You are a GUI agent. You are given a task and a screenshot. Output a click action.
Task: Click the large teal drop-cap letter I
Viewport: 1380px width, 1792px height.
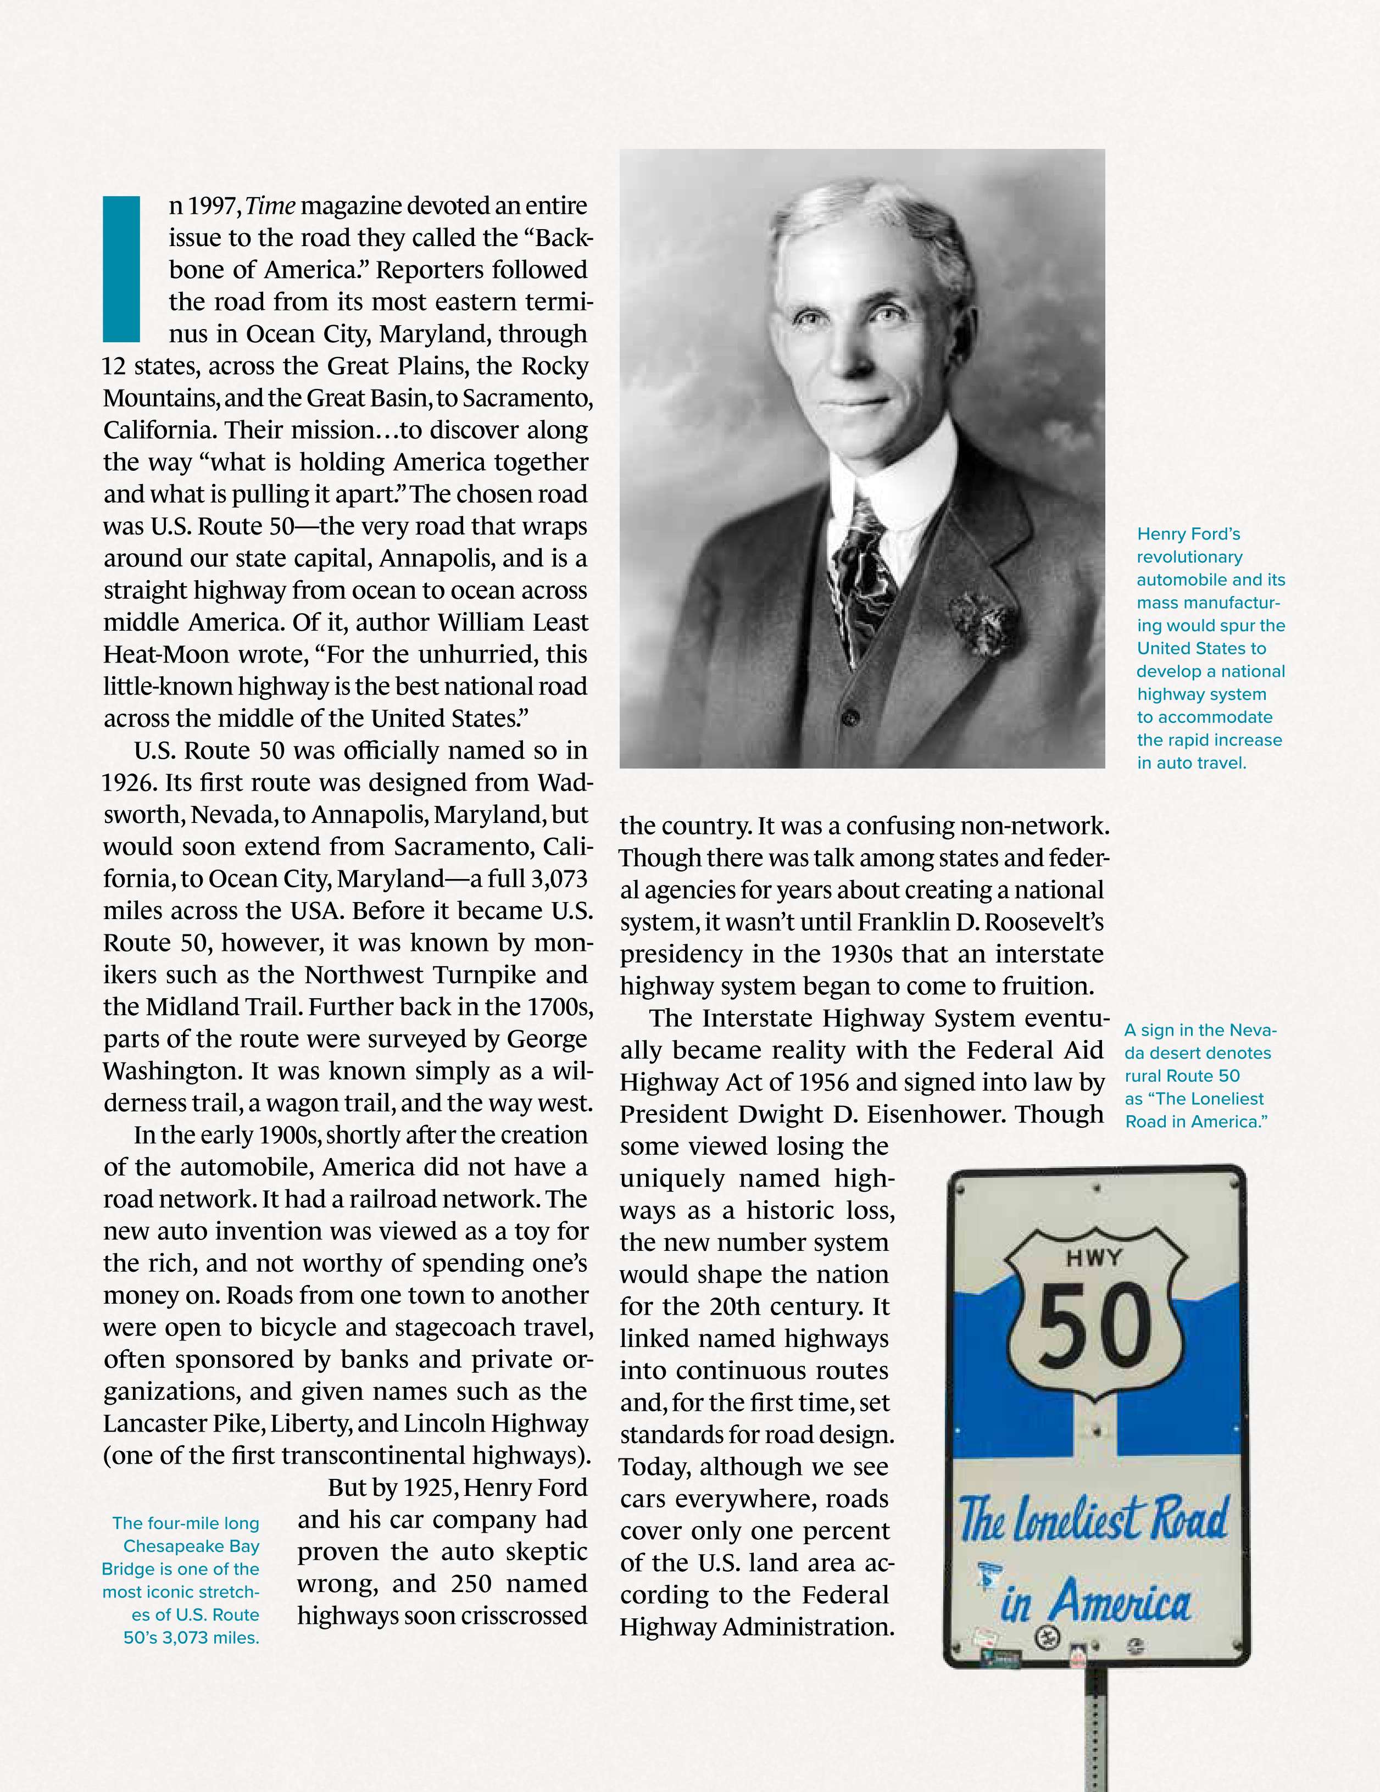(121, 268)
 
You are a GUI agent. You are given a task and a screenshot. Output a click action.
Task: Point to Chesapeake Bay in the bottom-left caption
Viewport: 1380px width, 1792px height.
(190, 1546)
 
